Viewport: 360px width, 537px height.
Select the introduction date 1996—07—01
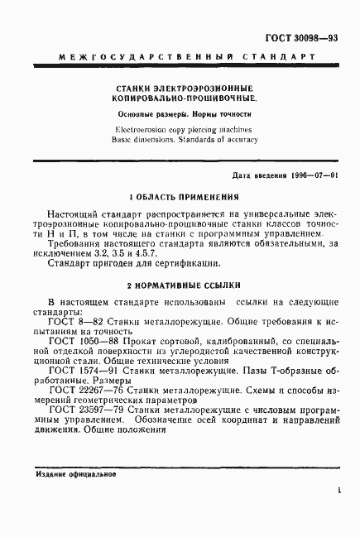click(314, 176)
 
